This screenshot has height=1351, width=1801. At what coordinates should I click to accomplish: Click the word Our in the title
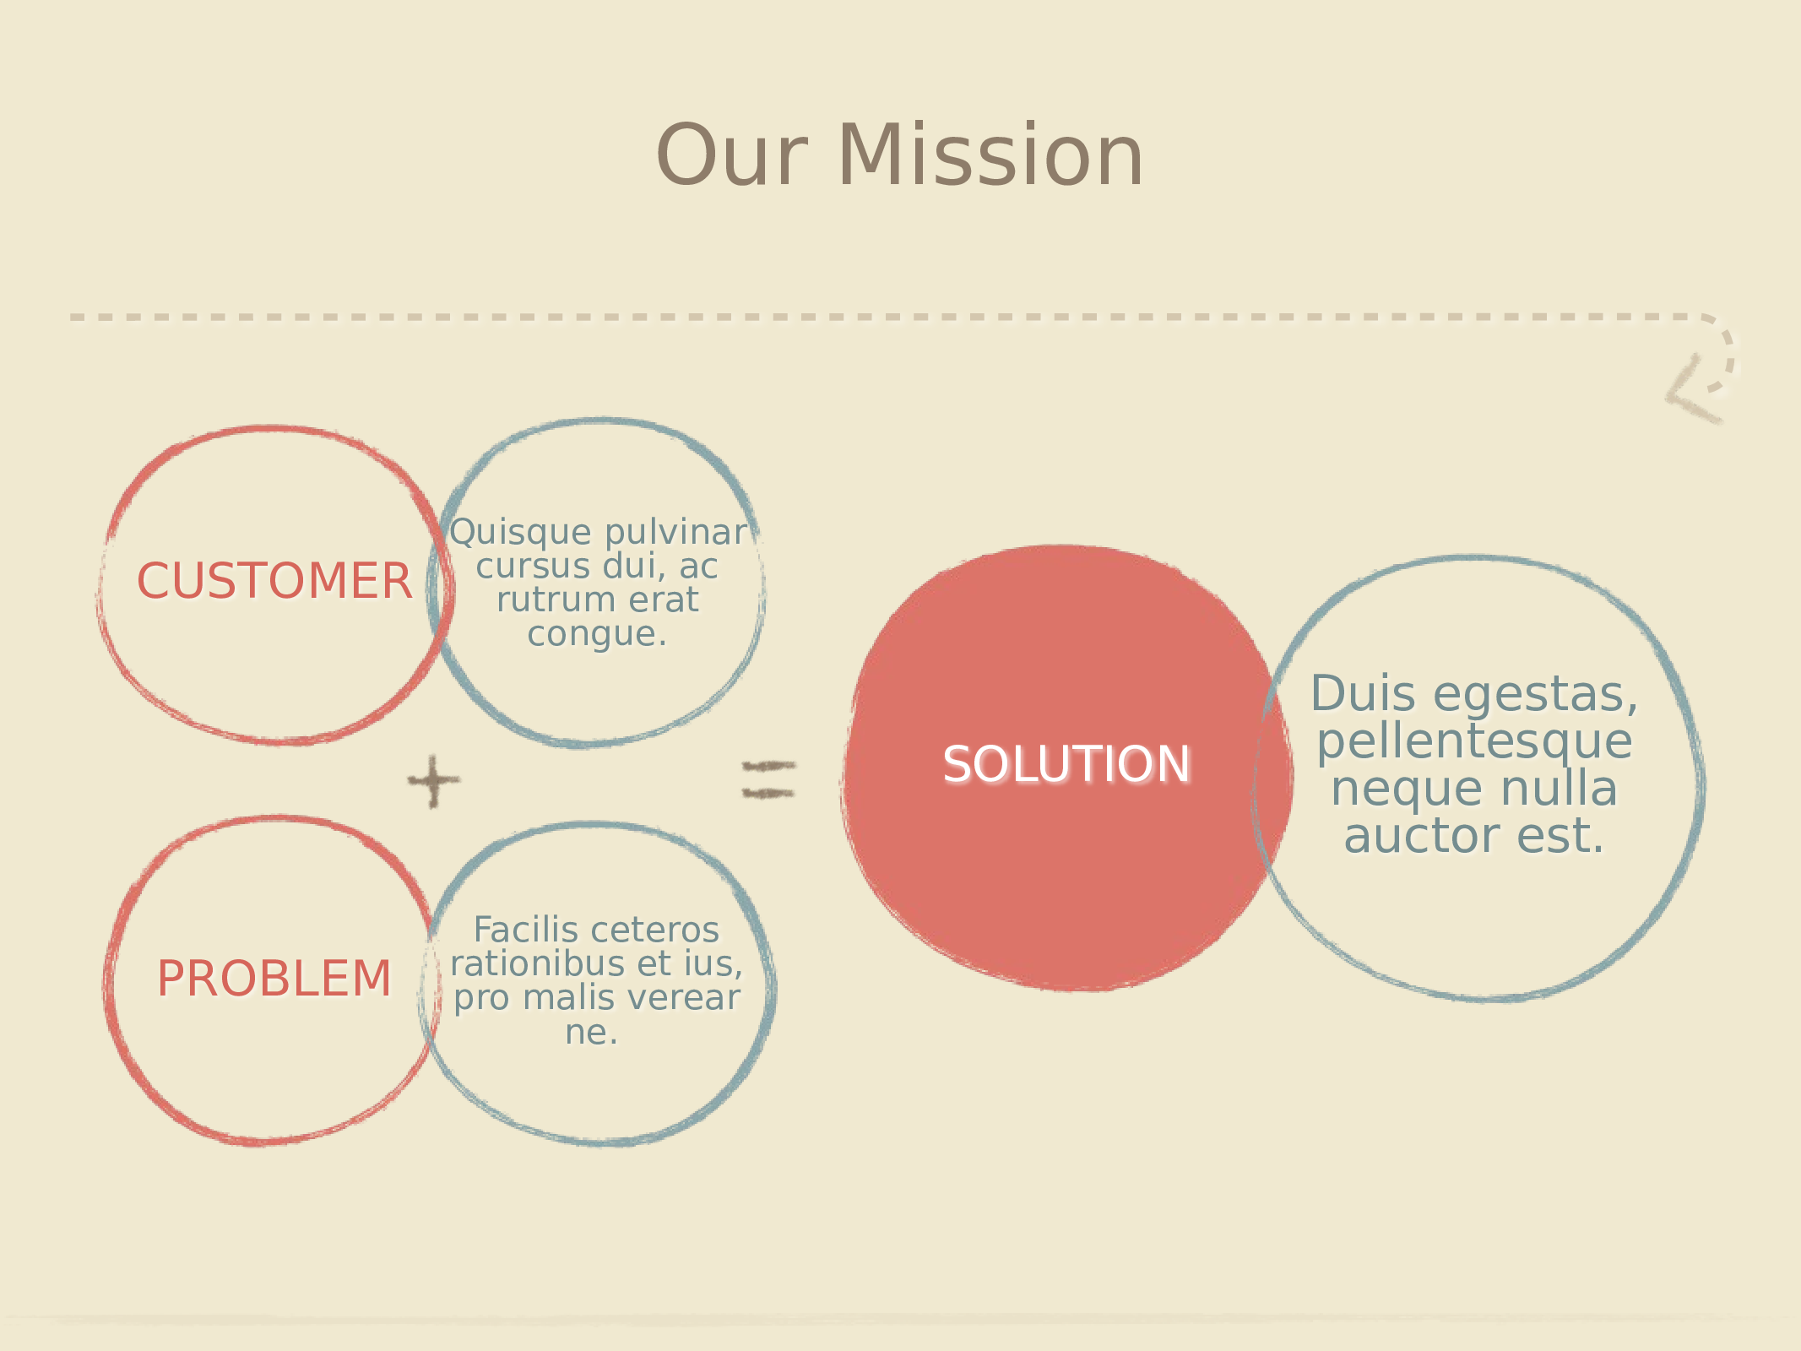click(731, 156)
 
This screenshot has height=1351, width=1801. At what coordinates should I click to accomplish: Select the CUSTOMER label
click(274, 581)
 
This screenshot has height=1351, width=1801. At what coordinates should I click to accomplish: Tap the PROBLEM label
click(274, 979)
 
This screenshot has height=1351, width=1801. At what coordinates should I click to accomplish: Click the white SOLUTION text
click(1066, 764)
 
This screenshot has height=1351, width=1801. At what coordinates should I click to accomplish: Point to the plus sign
click(434, 781)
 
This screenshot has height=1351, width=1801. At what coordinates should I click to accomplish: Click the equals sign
click(768, 779)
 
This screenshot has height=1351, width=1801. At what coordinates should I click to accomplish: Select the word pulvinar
click(676, 534)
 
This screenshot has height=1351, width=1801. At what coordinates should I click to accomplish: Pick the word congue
click(597, 634)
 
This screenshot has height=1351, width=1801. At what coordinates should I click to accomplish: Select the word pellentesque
click(1474, 743)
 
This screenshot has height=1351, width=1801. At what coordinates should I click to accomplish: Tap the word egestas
click(1535, 697)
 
